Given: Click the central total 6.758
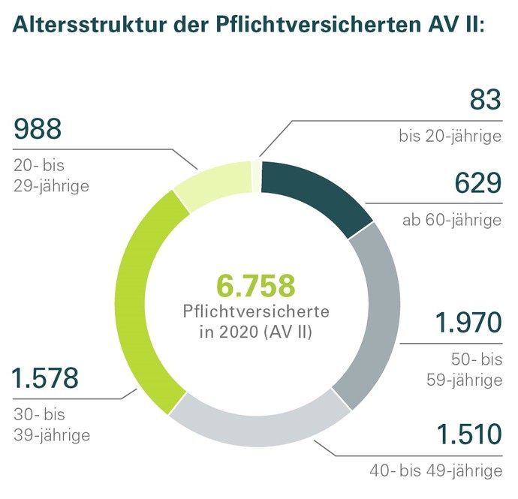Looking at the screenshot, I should [x=256, y=286].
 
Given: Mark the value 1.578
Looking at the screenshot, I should [x=46, y=378].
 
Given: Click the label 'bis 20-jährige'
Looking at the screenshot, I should [x=450, y=137].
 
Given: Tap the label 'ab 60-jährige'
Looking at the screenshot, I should [x=451, y=220].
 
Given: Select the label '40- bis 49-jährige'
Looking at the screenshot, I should [x=435, y=471].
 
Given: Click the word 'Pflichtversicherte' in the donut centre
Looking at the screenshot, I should [x=256, y=310].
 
